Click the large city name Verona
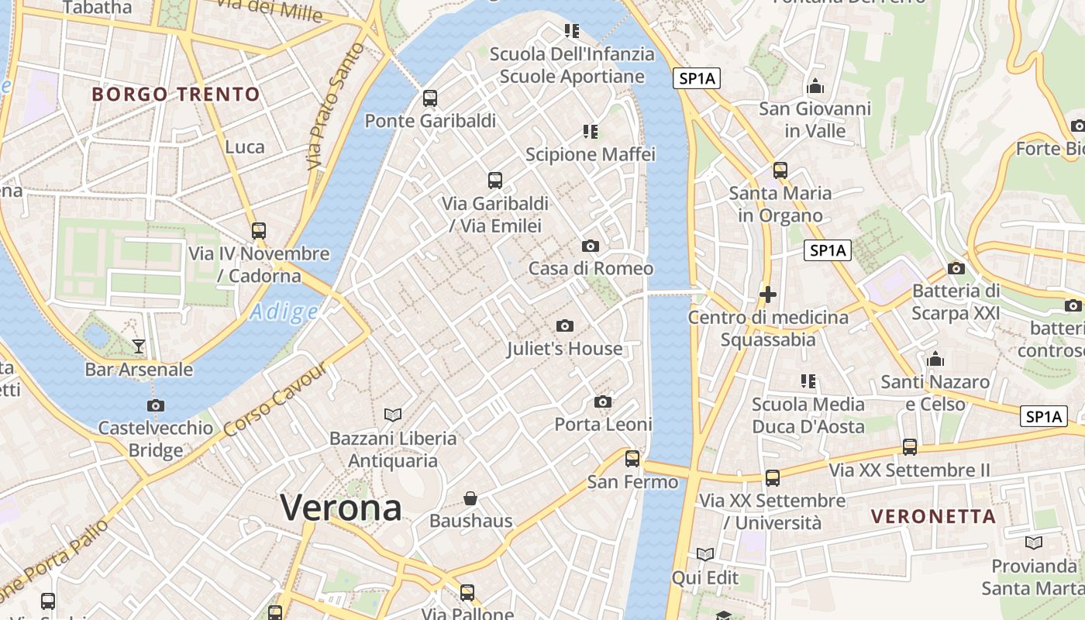(341, 508)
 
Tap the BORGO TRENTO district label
(176, 95)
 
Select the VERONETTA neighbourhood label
(933, 516)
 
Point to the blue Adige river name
(284, 312)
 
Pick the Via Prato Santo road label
(335, 106)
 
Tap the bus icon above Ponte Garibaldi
(430, 98)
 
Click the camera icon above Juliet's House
(565, 325)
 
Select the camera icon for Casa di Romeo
(591, 246)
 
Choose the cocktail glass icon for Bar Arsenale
(139, 346)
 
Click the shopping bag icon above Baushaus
(470, 498)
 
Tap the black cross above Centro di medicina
(768, 294)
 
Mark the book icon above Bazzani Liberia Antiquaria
(393, 415)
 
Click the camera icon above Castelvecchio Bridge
(156, 405)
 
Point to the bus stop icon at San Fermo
(632, 459)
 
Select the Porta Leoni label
(603, 424)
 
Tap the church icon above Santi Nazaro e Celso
(935, 359)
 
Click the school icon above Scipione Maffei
(591, 132)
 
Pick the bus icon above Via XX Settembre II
(909, 446)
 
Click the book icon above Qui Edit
(704, 554)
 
